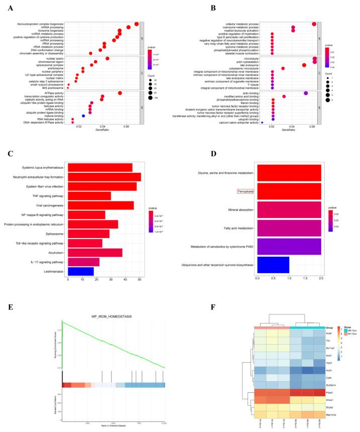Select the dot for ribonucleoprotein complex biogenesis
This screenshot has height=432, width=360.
137,24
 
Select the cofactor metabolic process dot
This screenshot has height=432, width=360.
314,24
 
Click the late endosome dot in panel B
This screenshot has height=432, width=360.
304,65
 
